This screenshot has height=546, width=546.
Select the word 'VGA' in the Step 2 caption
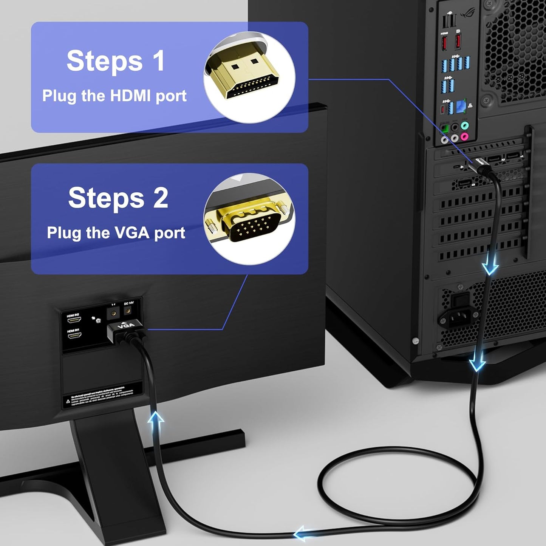[x=132, y=233]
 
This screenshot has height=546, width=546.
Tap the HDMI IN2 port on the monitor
[x=74, y=320]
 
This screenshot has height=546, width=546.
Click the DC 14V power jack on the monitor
[x=128, y=311]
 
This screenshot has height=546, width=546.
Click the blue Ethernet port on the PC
[x=461, y=106]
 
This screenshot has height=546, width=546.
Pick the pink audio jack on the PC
[x=464, y=136]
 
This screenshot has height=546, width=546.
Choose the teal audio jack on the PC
[x=464, y=125]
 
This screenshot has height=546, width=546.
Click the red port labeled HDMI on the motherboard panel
[x=444, y=42]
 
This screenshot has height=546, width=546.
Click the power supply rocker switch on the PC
[x=459, y=300]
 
